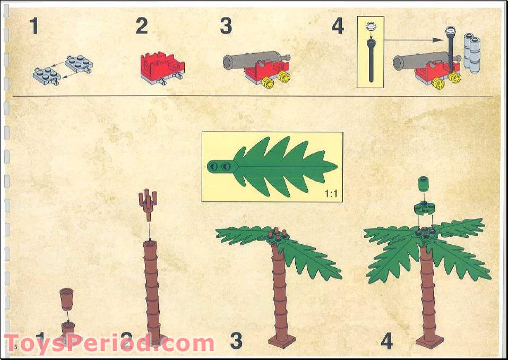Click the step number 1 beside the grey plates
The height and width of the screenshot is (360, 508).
coord(34,26)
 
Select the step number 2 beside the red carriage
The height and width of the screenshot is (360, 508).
coord(141,26)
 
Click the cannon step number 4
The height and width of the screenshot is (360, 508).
coord(338,26)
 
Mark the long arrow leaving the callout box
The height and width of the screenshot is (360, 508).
coord(414,39)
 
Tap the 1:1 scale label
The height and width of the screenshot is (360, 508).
coord(331,194)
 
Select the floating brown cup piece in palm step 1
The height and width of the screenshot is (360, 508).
coord(67,298)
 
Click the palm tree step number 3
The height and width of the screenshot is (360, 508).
coord(236,341)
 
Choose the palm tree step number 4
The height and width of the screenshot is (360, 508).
coord(386,341)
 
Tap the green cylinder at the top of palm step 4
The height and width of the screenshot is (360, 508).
coord(424,184)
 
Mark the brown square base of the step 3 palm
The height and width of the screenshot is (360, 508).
coord(281,340)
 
